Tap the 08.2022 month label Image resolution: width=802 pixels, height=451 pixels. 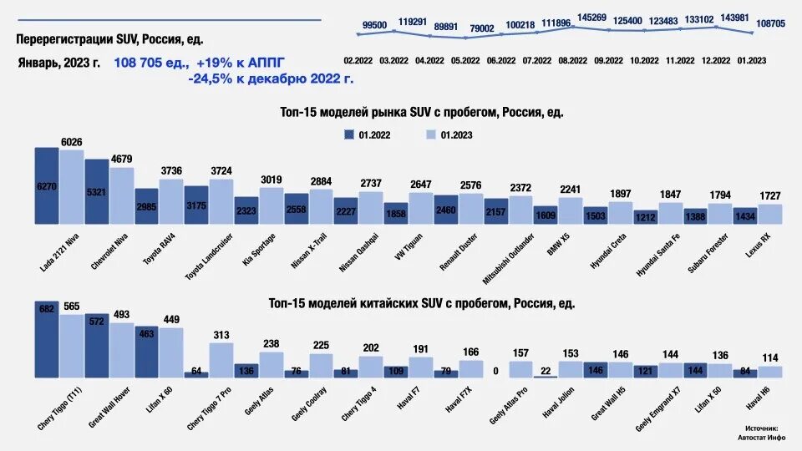pyautogui.click(x=573, y=61)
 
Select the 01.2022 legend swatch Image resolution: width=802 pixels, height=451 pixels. pyautogui.click(x=348, y=134)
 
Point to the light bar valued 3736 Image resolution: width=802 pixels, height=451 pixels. pyautogui.click(x=171, y=201)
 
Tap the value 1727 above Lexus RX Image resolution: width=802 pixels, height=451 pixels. pyautogui.click(x=769, y=196)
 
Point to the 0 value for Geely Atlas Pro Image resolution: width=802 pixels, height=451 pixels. pyautogui.click(x=495, y=371)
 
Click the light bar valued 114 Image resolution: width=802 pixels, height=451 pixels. pyautogui.click(x=769, y=372)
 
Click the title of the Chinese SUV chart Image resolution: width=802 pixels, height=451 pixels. pyautogui.click(x=422, y=303)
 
